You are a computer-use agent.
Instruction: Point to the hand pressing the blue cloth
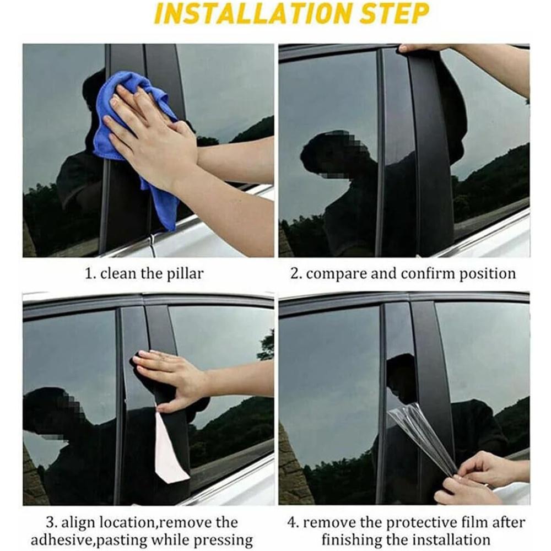click(x=151, y=133)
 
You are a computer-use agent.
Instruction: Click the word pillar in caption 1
click(x=185, y=273)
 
